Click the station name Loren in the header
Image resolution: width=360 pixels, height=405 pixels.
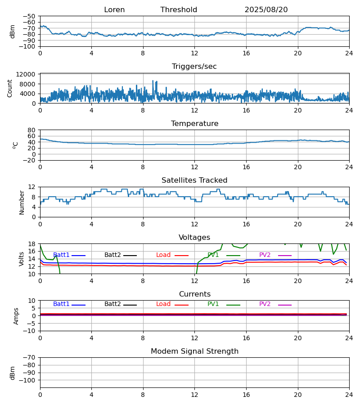114,10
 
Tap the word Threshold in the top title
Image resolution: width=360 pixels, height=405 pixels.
179,10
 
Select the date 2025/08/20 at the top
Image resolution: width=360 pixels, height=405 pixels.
266,10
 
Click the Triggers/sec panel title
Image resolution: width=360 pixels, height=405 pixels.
194,67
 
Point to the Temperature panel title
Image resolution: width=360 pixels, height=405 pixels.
194,124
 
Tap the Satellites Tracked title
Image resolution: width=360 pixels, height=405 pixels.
194,180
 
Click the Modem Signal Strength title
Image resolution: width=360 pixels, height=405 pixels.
194,351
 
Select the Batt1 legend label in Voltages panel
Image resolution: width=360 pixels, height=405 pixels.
61,255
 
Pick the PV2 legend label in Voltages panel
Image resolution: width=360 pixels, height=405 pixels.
265,255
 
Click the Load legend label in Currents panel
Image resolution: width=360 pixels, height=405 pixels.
163,304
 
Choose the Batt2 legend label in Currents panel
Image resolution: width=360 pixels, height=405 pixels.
112,304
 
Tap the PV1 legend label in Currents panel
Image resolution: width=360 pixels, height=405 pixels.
213,304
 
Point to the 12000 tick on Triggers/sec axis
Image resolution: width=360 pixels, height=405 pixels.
28,74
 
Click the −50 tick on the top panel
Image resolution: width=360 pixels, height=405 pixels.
30,16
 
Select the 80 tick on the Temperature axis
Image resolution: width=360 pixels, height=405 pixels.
32,130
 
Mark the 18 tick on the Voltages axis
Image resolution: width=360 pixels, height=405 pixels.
32,244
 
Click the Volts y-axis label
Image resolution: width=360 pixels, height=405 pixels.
22,259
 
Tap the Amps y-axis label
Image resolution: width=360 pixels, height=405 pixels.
17,316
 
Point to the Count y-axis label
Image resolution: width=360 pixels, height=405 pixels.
10,88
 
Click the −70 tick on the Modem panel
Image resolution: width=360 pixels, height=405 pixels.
30,357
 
